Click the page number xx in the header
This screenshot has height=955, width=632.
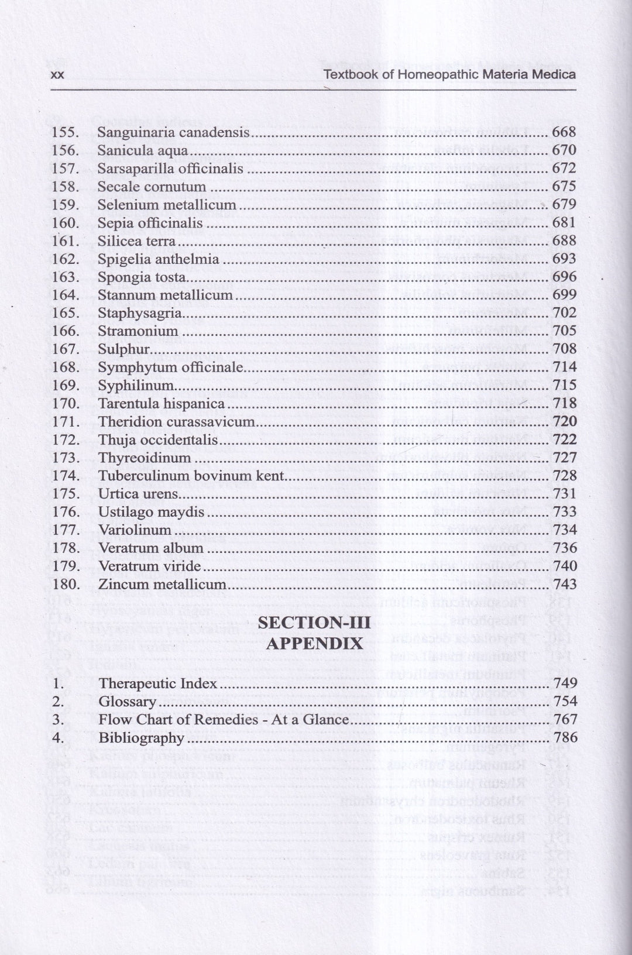[x=57, y=75]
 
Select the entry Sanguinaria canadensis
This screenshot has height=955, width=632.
[x=173, y=132]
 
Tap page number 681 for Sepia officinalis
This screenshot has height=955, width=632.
[x=564, y=223]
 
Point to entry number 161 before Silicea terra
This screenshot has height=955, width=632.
[x=65, y=241]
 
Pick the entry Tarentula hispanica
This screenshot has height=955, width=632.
[x=162, y=404]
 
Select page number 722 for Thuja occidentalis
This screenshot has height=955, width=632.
[x=564, y=439]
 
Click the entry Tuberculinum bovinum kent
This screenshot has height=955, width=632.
[x=191, y=476]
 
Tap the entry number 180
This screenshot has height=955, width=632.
[x=65, y=584]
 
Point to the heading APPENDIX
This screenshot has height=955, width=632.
[x=314, y=644]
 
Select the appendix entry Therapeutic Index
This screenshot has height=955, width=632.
[x=157, y=683]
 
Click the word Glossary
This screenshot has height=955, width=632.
[x=127, y=702]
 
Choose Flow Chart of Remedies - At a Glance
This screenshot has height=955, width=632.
[x=224, y=720]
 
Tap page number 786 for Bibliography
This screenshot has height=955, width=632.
[x=565, y=738]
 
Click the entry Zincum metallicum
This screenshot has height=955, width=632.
[x=162, y=584]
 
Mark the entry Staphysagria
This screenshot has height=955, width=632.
[x=139, y=313]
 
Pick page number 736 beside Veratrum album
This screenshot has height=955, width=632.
[x=564, y=548]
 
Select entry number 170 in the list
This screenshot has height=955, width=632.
[x=65, y=404]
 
